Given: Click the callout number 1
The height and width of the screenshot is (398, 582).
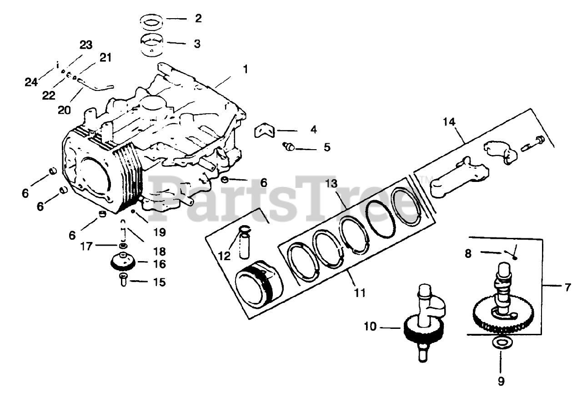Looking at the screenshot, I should pos(245,70).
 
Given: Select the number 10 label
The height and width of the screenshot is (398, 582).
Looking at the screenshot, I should pos(371,326).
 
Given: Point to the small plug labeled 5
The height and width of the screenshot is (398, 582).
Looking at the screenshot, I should pos(288,146).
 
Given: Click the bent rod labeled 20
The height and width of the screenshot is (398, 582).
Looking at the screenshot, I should pos(93,85).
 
